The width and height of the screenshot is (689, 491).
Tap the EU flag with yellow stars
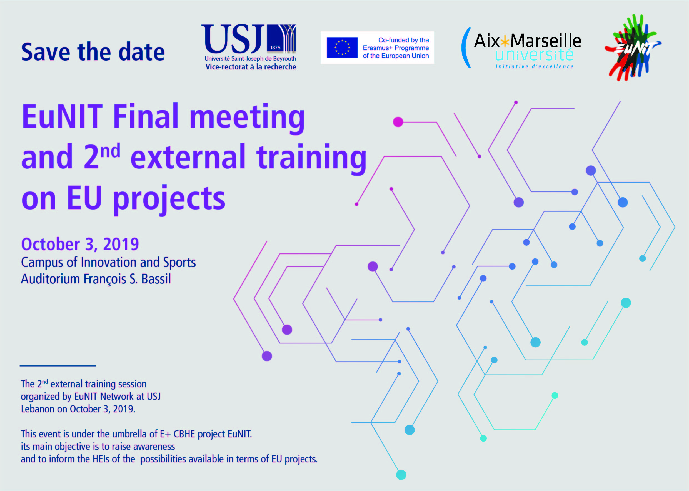click(x=342, y=48)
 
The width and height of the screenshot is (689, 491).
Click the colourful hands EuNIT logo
click(x=633, y=48)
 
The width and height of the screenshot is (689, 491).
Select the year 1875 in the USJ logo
click(x=275, y=48)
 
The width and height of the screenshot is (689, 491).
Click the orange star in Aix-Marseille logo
click(x=505, y=41)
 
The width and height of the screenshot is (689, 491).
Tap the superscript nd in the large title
click(x=110, y=151)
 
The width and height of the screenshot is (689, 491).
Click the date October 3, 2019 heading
click(x=80, y=244)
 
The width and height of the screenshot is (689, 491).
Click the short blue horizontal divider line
click(x=58, y=366)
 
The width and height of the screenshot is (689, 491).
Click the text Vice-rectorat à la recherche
click(x=251, y=67)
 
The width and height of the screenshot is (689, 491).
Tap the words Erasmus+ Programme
click(x=396, y=48)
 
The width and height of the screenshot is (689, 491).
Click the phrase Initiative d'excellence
click(x=535, y=66)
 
